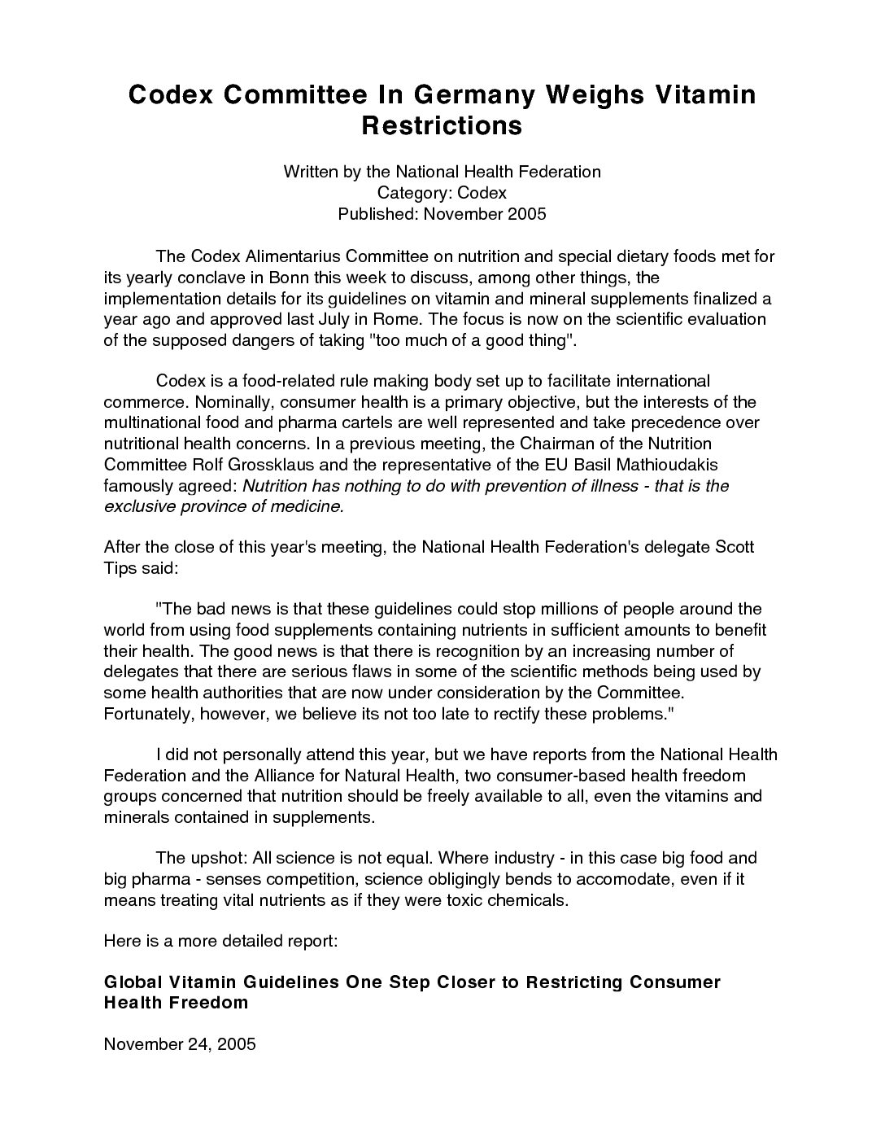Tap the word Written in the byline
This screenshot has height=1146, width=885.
coord(311,172)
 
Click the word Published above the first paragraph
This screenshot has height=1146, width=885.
coord(376,214)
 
